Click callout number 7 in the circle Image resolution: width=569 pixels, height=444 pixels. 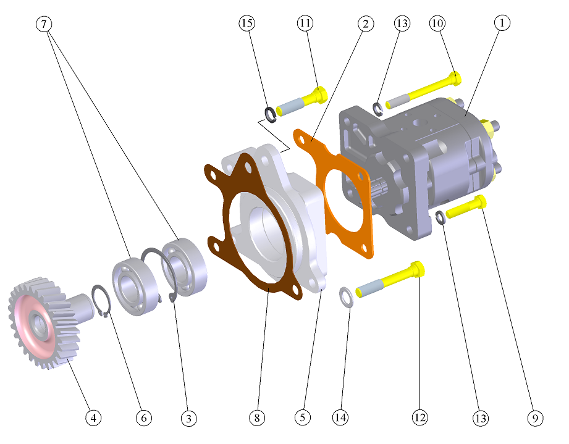[44, 24]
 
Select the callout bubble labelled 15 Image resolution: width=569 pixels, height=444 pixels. [247, 23]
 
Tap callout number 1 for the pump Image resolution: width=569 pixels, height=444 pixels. [502, 23]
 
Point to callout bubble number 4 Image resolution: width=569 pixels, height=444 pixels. [93, 418]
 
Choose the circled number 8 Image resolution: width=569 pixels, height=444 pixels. [257, 418]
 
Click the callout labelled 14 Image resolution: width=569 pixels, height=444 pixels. [340, 417]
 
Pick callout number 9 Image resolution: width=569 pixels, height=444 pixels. [535, 418]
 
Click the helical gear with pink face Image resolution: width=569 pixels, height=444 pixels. [45, 322]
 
